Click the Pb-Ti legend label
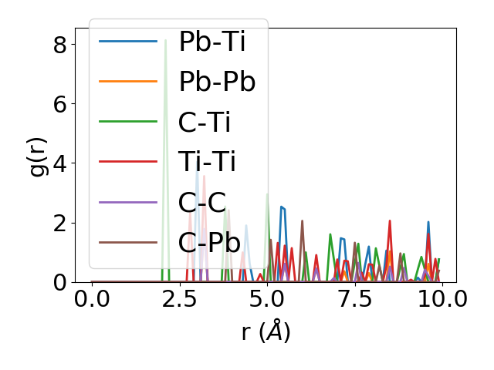(x=211, y=42)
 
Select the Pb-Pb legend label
(x=217, y=82)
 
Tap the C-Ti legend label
(x=205, y=123)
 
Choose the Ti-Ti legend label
(x=207, y=163)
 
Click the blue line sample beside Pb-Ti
(x=128, y=42)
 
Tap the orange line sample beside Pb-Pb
(x=128, y=82)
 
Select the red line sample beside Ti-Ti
(x=128, y=163)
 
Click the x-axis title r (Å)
(x=266, y=332)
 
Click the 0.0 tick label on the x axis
(x=92, y=300)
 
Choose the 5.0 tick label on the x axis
(x=266, y=300)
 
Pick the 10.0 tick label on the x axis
(x=441, y=300)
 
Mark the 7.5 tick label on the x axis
(x=354, y=300)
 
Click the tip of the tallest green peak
(x=165, y=40)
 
